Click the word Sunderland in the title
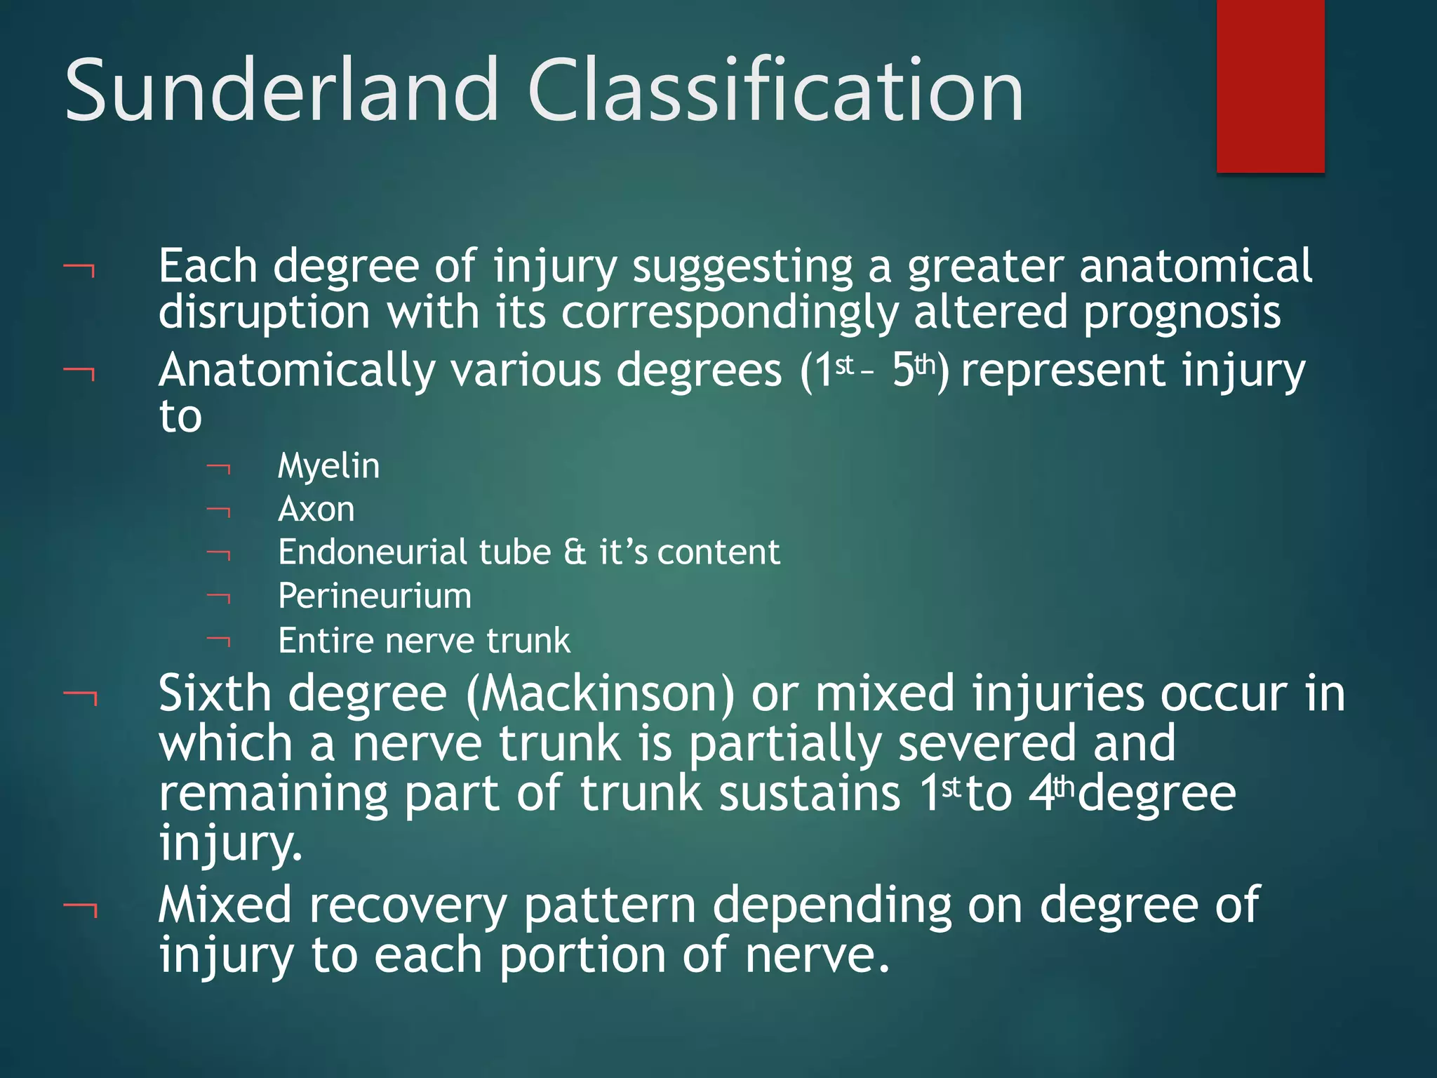281,91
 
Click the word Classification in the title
775,91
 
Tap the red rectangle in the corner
1270,84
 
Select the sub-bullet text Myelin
328,466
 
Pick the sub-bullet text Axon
316,510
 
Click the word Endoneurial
372,552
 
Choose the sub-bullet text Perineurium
375,597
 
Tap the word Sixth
215,693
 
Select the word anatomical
1195,266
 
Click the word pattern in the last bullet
609,905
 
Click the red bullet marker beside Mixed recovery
80,910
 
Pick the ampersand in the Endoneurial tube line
574,552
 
